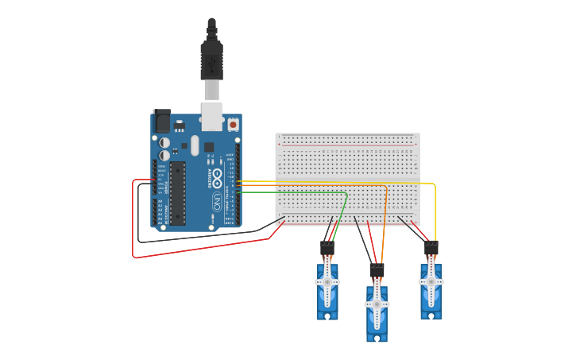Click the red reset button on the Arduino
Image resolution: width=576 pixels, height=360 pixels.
tap(233, 124)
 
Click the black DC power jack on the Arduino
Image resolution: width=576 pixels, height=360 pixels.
tap(161, 121)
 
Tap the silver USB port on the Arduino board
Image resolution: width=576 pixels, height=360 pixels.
tap(212, 116)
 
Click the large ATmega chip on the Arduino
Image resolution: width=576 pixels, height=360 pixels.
tap(177, 193)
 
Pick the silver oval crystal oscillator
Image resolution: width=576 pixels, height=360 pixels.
tap(195, 146)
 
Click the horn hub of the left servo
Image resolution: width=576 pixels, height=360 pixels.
tap(327, 282)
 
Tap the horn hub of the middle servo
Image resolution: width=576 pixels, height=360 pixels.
tap(377, 304)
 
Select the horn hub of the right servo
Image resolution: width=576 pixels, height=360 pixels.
tap(431, 282)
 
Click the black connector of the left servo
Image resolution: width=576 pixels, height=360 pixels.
tap(327, 248)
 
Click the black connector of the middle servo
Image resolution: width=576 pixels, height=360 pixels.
tap(377, 270)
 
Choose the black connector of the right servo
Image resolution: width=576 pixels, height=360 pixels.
tap(431, 248)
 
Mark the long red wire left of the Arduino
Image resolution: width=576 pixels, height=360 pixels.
tap(133, 223)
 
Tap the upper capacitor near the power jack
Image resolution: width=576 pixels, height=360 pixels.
tap(165, 143)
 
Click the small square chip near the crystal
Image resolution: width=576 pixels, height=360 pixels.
tap(209, 146)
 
